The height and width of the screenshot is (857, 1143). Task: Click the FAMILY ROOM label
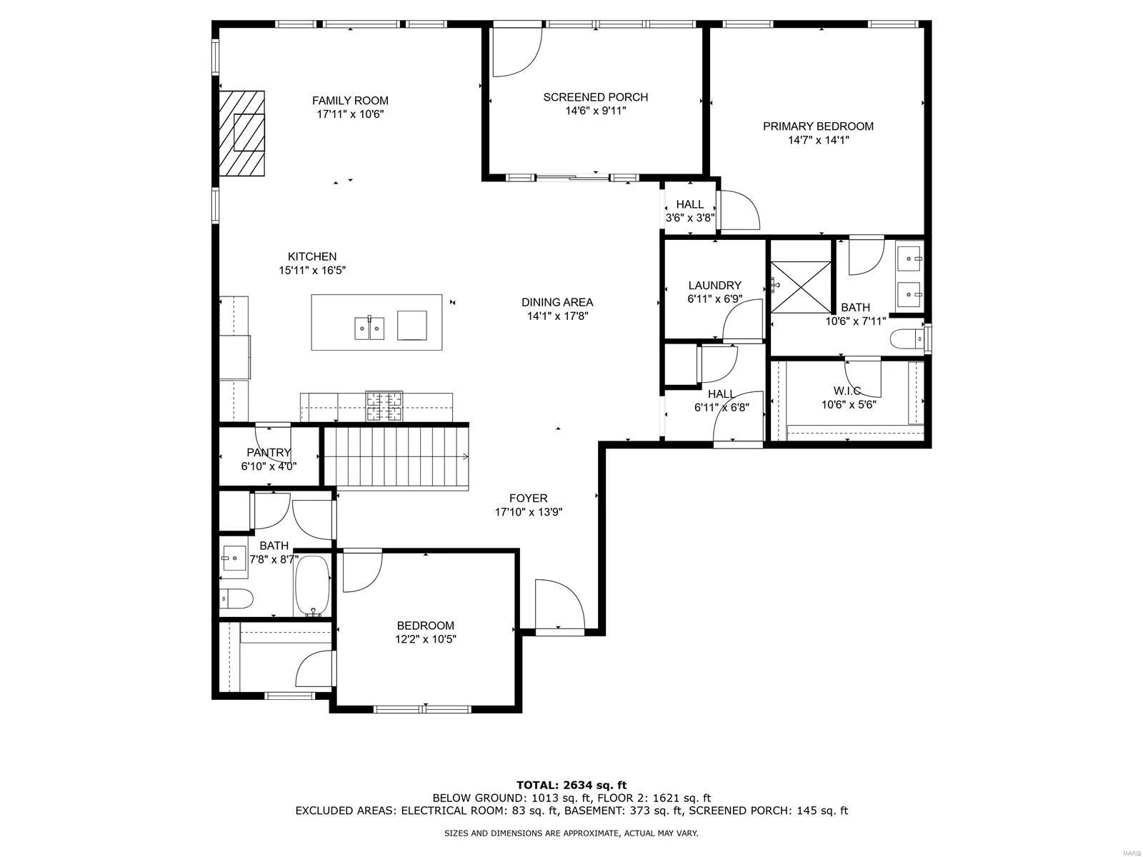(x=350, y=101)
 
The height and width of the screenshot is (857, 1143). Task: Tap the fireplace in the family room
(x=241, y=134)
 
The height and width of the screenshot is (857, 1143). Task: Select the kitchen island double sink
(x=369, y=329)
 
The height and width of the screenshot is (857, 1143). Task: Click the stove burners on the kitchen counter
(x=384, y=406)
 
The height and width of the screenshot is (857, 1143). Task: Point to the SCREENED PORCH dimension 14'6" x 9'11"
(x=595, y=111)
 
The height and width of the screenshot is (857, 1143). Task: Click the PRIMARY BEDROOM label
(x=818, y=126)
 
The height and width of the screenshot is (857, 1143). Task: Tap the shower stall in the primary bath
(x=801, y=286)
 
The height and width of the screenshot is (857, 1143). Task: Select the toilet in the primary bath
(x=907, y=339)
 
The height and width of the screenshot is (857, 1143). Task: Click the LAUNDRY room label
(x=714, y=285)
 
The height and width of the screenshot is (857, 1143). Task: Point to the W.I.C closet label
(x=847, y=391)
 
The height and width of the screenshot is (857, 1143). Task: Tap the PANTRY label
(x=269, y=453)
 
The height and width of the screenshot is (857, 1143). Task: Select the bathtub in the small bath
(x=312, y=586)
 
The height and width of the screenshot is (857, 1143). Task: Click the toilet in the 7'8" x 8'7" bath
(x=236, y=599)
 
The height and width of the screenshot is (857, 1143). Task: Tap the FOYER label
(x=528, y=498)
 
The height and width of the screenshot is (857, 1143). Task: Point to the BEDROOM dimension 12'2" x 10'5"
(x=426, y=639)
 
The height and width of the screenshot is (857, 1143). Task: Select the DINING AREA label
(x=557, y=302)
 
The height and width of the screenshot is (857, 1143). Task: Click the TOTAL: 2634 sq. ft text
(x=571, y=785)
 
